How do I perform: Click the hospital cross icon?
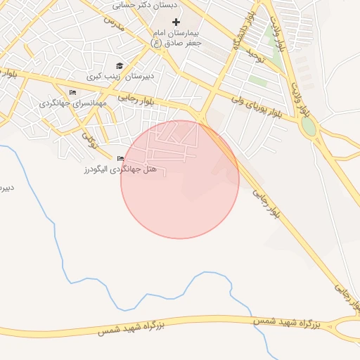(x=176, y=22)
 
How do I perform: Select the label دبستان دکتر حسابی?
(x=146, y=4)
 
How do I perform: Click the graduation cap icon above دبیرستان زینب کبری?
(x=119, y=65)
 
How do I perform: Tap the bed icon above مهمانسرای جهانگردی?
(x=72, y=93)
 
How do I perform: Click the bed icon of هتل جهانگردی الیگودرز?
(x=121, y=159)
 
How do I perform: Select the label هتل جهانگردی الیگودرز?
(x=120, y=169)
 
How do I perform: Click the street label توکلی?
(x=89, y=140)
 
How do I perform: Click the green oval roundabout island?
(x=308, y=127)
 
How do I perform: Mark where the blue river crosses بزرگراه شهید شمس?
(x=259, y=321)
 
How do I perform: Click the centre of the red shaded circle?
(x=180, y=179)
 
